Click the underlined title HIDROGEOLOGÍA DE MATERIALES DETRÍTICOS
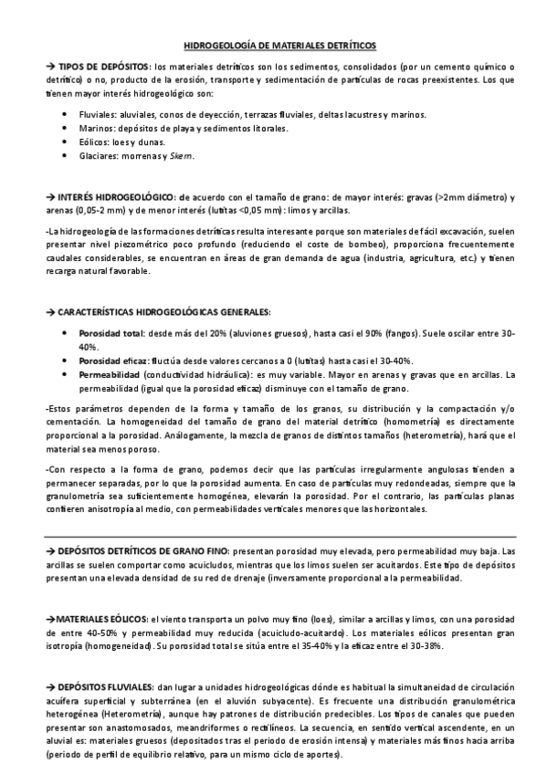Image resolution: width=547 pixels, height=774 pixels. tap(273, 44)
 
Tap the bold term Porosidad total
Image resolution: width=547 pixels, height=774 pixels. tap(112, 334)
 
